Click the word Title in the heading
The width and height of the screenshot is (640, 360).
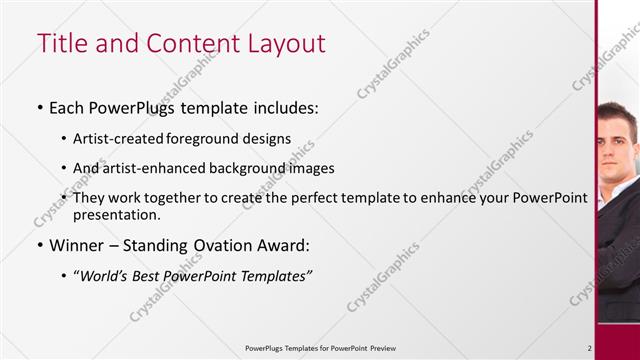point(61,44)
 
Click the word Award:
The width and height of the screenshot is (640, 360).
point(280,245)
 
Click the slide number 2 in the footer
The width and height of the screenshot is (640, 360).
point(589,348)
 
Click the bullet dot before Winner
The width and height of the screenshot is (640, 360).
point(39,246)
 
